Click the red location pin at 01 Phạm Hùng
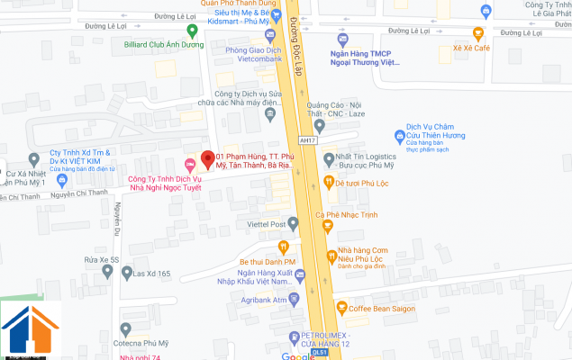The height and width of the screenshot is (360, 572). pos(206,157)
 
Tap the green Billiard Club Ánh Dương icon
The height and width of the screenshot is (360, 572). pos(115,43)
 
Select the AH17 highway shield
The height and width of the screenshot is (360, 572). pos(308,139)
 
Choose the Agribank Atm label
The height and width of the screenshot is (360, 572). pos(262,298)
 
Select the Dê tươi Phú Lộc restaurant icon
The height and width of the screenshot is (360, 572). pos(329,183)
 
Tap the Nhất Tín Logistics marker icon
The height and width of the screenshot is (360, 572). pos(329,159)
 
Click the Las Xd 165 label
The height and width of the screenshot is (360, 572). pos(151,273)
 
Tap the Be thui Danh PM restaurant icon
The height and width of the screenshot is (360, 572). pos(282,246)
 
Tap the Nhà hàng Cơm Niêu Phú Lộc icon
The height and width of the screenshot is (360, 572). pos(329,252)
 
